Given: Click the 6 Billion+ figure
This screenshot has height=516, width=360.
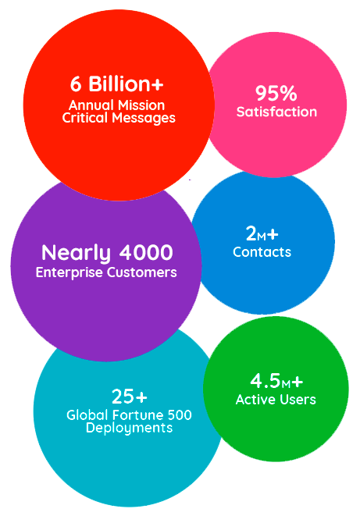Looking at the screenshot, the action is tap(117, 84).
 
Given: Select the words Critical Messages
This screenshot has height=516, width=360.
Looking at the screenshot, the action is tap(119, 118).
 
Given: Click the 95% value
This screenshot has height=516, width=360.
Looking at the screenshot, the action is tap(276, 93).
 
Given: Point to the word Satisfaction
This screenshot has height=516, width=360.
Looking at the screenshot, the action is tap(276, 112).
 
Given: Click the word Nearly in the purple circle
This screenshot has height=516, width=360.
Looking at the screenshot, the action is tap(76, 254).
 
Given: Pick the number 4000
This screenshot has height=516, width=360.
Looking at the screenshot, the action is tap(146, 252).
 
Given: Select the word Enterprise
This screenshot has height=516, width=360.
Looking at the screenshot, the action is tap(69, 272).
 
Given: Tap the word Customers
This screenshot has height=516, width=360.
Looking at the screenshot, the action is tap(142, 272).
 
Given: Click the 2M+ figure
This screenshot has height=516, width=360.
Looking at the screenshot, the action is tap(262, 234).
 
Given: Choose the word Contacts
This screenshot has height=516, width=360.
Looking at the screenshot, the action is tap(262, 252).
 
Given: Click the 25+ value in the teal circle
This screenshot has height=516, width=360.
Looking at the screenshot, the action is tap(130, 397).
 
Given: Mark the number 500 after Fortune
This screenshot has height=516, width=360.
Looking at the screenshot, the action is tap(180, 415).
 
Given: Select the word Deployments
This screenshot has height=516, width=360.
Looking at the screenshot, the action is tap(130, 428).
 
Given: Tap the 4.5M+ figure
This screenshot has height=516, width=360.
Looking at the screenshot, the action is tap(276, 381).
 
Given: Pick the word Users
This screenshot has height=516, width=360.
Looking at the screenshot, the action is tap(298, 400).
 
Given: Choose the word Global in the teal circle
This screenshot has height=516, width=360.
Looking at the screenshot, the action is tap(87, 415).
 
